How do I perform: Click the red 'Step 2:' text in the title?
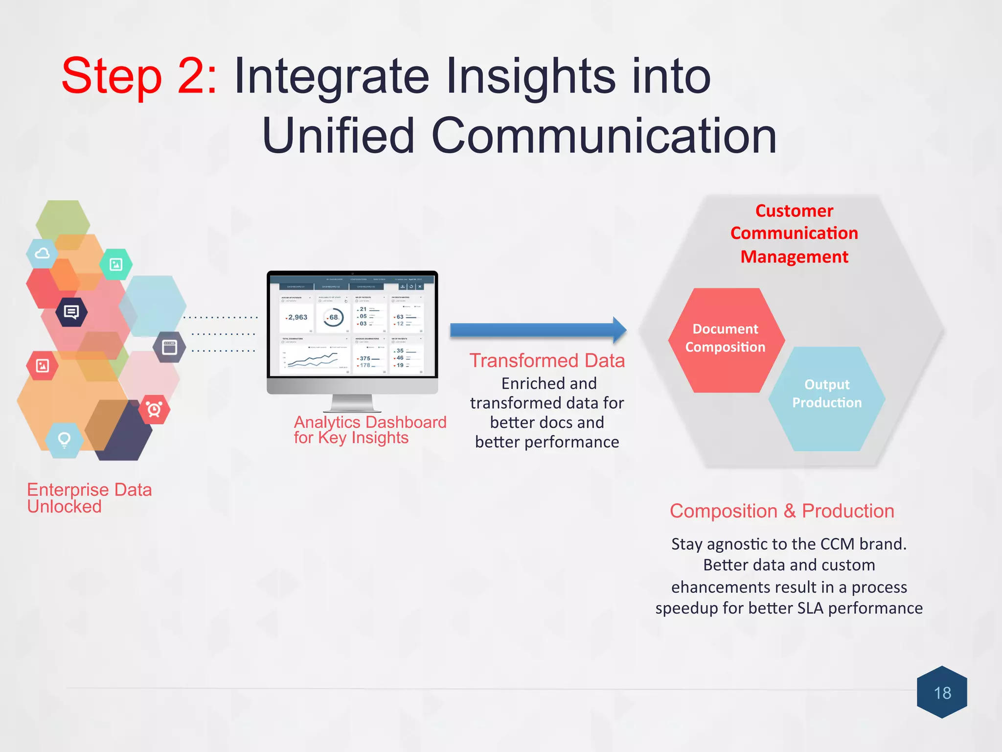139,76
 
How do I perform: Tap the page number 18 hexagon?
942,692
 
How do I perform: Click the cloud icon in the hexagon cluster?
42,254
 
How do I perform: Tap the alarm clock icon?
154,409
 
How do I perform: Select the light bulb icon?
64,440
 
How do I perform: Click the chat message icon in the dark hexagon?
71,312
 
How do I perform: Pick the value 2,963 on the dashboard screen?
297,317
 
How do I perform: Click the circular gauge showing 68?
333,317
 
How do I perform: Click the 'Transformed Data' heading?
547,360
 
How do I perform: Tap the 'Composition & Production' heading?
782,511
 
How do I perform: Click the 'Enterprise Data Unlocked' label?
89,497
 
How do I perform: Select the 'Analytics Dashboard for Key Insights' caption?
369,429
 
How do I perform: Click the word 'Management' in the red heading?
794,257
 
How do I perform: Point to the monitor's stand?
352,403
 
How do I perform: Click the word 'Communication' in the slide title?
604,135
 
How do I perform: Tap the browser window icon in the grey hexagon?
170,347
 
